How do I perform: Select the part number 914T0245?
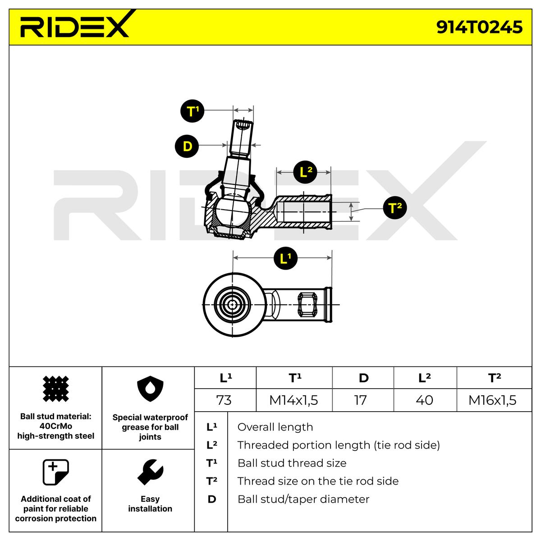(x=479, y=27)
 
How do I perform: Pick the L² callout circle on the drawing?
(x=305, y=172)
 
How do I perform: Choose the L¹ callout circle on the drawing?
(x=285, y=258)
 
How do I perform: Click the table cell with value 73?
(x=224, y=400)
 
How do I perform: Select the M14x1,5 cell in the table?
(x=293, y=400)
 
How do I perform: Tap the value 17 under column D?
(x=361, y=400)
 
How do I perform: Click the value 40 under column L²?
(x=424, y=400)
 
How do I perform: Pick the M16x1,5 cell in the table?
(x=492, y=400)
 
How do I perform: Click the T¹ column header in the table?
(x=294, y=378)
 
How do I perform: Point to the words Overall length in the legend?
(x=275, y=427)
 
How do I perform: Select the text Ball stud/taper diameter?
(x=303, y=499)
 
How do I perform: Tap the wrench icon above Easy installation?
(x=150, y=472)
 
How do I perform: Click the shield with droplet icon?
(x=150, y=389)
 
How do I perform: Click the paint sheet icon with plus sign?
(x=55, y=472)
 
